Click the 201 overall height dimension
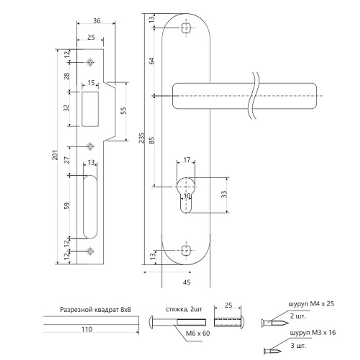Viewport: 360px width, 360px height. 55,155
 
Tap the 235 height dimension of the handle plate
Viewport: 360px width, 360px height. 142,138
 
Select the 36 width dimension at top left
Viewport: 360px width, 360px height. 96,21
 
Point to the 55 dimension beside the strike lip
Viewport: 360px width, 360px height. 123,111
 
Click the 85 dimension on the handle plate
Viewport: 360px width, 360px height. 152,140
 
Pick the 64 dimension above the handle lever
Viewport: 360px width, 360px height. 152,61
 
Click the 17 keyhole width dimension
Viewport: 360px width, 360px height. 186,159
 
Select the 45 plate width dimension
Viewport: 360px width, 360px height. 186,282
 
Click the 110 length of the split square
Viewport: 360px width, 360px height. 87,329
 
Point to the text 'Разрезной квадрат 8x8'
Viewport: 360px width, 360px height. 95,310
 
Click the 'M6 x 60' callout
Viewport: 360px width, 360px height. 198,333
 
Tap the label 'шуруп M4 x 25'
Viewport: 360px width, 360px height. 311,304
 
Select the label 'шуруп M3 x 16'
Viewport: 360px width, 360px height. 313,333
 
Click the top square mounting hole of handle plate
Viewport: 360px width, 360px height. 186,28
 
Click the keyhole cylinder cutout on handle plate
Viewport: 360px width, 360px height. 186,195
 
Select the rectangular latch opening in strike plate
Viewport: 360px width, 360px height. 90,109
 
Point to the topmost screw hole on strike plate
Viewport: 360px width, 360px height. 90,62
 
